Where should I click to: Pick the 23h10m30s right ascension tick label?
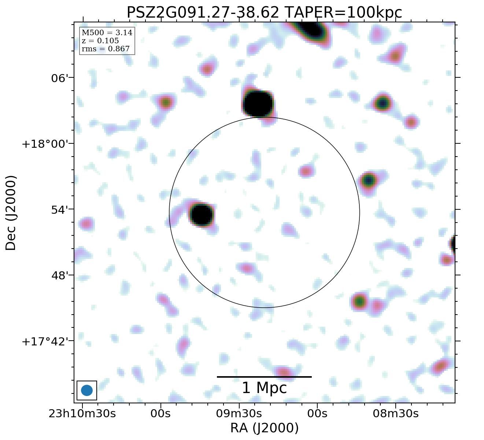(x=82, y=414)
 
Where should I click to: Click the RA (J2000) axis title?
(x=264, y=428)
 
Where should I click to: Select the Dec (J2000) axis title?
(x=11, y=213)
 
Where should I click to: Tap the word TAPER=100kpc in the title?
(x=343, y=12)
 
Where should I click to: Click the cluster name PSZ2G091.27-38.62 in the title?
(x=203, y=12)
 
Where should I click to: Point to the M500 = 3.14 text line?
(x=107, y=33)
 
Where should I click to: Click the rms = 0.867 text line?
(x=106, y=49)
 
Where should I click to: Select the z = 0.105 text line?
(x=100, y=41)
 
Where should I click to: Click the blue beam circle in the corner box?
(x=87, y=390)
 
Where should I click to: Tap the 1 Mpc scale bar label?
(x=264, y=388)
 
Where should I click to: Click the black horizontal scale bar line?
(x=264, y=377)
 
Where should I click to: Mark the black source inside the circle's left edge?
(x=201, y=215)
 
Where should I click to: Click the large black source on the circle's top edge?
(x=258, y=104)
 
